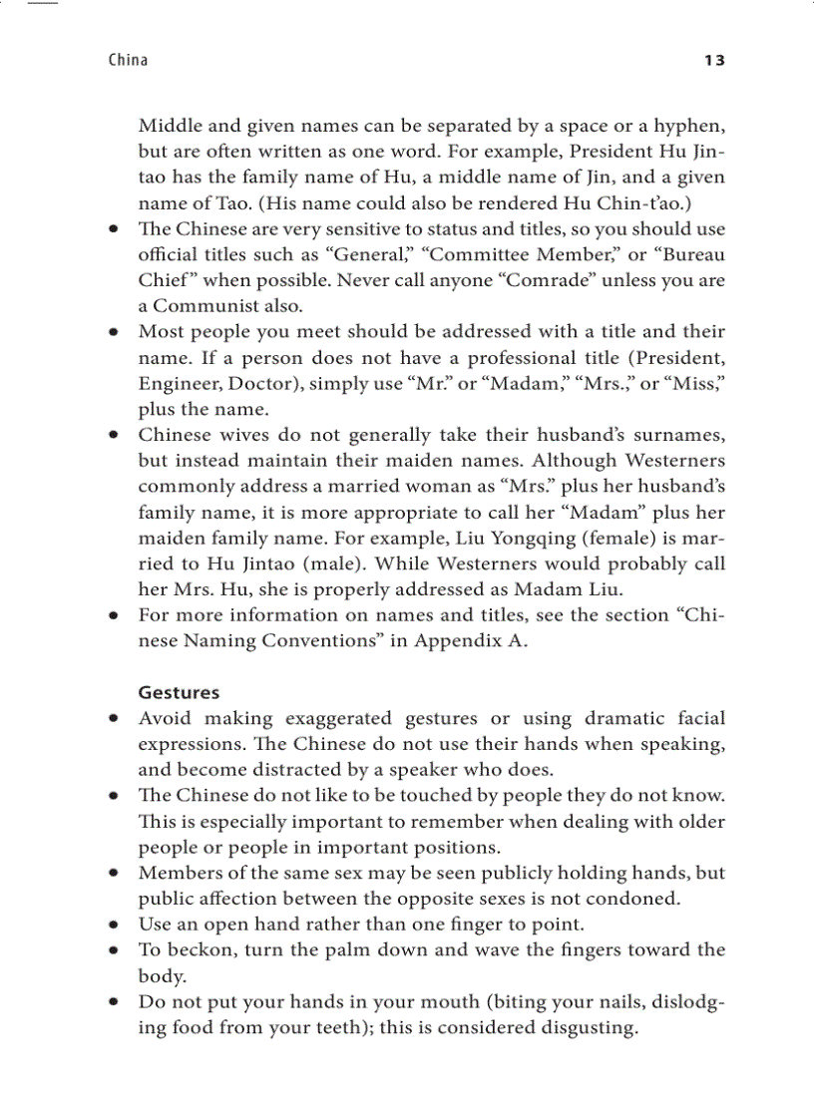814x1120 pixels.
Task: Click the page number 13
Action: point(714,61)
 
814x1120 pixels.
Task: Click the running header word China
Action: point(128,61)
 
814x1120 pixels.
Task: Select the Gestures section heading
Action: point(179,692)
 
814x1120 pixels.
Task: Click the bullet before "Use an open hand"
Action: point(116,926)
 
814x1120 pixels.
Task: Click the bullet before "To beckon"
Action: point(116,951)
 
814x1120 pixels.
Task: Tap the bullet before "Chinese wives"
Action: point(116,436)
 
